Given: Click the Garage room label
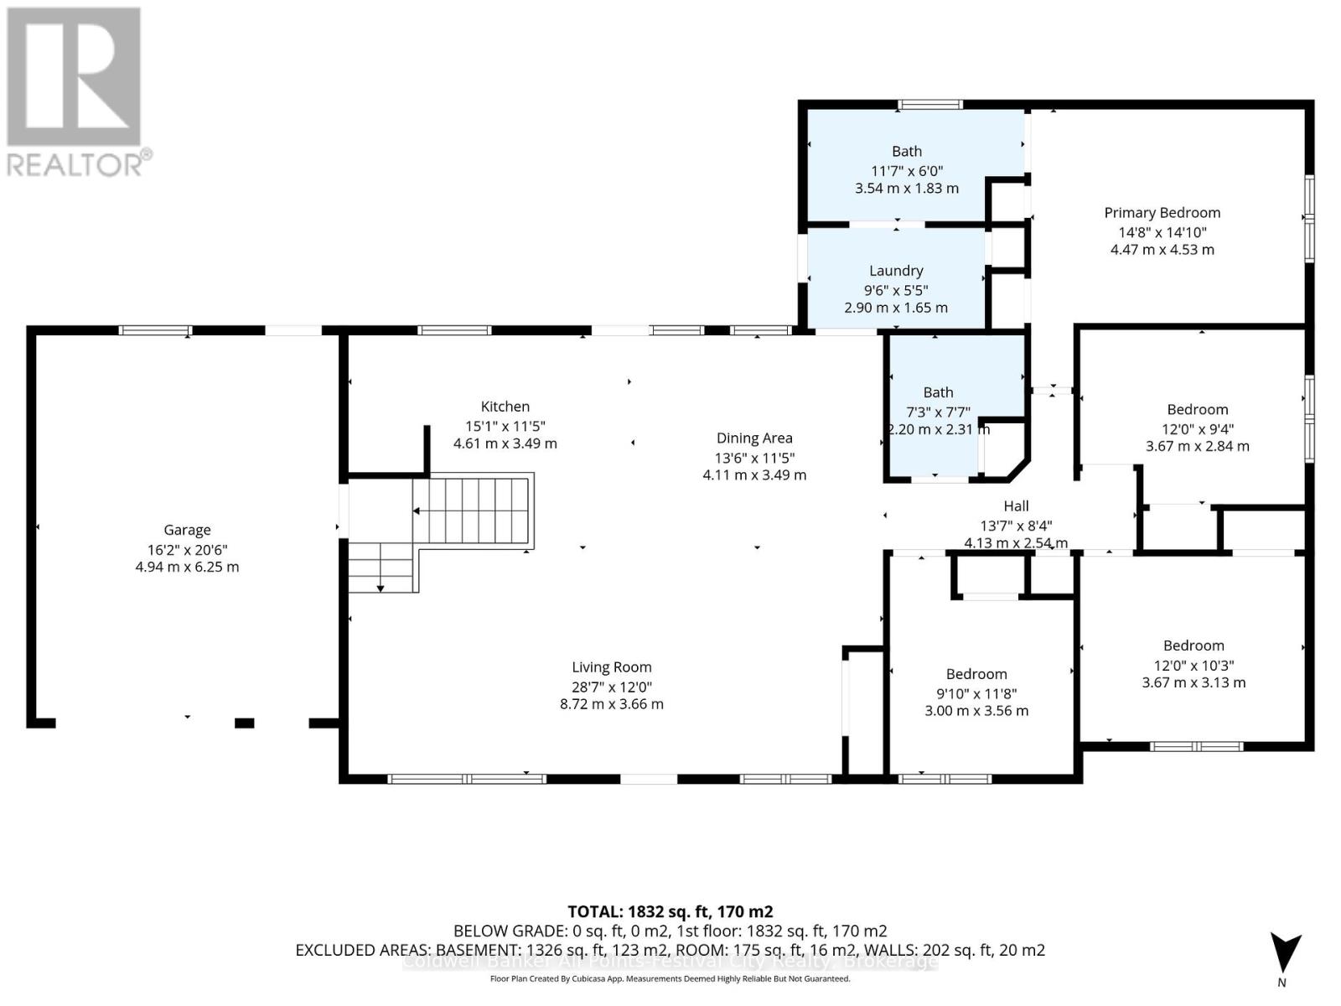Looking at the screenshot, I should pos(187,530).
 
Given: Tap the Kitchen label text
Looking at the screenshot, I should pos(505,407).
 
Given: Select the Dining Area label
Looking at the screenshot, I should pos(754,438).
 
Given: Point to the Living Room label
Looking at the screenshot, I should pos(611,667).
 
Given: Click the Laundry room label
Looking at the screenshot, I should pos(896,271).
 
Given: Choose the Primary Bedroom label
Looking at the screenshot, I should pos(1162,213).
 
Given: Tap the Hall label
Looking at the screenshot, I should pos(1016,506).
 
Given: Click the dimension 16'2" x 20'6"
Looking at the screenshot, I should pos(187,550).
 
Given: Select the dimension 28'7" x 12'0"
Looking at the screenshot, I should pos(611,687).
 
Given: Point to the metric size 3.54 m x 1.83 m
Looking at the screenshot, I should pos(906,189).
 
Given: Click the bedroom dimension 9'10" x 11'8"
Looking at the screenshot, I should pos(976,693).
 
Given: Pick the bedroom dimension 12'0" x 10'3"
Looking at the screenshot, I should pos(1193,666).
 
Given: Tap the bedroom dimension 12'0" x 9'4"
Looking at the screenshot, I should pos(1197,429).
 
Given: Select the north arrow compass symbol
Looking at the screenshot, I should pos(1284,956).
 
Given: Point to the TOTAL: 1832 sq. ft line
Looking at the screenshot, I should pos(670,911).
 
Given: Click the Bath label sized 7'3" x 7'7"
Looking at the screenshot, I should pos(938,392).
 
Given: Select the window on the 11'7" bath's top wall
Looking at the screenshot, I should pos(929,105).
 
